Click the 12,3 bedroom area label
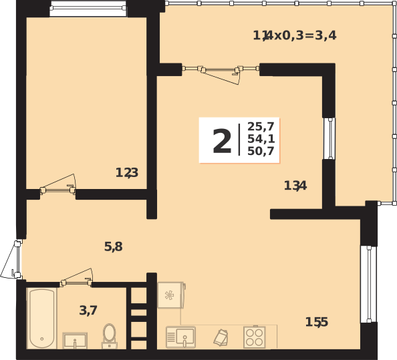126,173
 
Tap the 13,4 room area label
295,186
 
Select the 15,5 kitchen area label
316,322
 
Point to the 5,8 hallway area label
113,246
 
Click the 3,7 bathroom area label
88,310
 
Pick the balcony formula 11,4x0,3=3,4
294,35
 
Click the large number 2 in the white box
222,141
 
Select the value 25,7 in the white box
261,127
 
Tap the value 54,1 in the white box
261,139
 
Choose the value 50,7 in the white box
261,151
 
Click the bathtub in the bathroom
42,318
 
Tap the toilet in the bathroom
109,336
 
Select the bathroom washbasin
75,340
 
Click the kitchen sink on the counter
180,337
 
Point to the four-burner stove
254,337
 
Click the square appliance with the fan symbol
170,295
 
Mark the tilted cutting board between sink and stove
221,337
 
